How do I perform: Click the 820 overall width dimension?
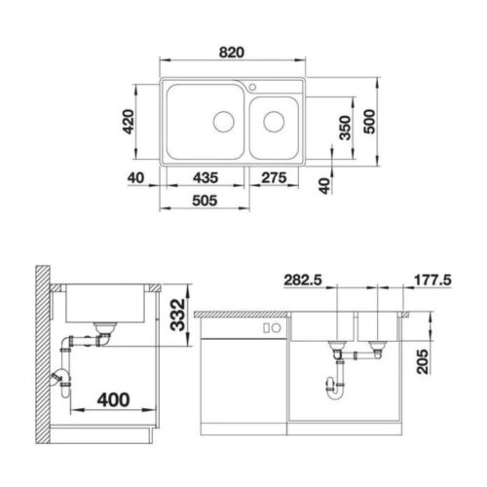coord(231,51)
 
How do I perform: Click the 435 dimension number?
coord(203,178)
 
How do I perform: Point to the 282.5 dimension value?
coord(301,280)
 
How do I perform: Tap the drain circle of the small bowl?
coord(274,123)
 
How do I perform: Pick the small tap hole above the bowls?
coord(252,87)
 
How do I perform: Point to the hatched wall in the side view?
coord(40,351)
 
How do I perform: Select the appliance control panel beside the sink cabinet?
coord(274,328)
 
